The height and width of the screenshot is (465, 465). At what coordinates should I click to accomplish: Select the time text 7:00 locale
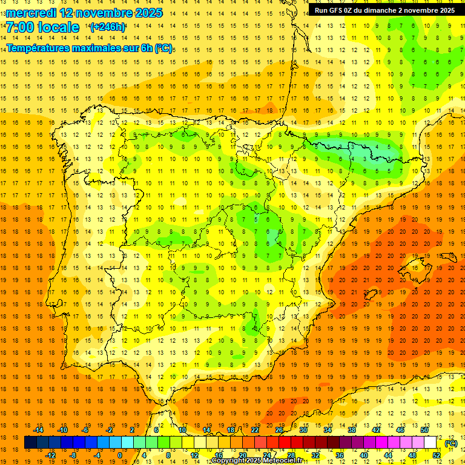pos(43,27)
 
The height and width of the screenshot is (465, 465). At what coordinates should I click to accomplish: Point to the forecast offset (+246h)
pos(107,27)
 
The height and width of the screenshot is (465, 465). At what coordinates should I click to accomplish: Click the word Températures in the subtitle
pos(39,47)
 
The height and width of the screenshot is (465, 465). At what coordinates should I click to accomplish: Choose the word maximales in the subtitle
pos(99,47)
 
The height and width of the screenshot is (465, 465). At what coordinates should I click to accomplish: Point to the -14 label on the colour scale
pos(38,430)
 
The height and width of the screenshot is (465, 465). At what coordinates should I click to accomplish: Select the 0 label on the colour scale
pos(120,455)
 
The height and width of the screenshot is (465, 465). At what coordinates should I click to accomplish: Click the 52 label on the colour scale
pos(437,455)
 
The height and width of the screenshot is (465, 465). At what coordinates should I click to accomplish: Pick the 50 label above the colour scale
pos(424,430)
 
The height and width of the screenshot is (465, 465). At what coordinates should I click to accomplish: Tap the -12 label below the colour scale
pos(50,455)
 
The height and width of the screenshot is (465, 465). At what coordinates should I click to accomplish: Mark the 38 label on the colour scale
pos(352,430)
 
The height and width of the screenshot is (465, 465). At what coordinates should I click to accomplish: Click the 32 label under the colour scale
pos(315,455)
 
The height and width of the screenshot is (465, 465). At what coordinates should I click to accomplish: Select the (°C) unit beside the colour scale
pos(450,443)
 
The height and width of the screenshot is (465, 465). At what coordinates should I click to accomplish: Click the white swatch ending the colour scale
pos(430,443)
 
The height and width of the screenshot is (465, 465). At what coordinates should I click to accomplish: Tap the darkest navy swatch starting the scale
pos(30,443)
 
